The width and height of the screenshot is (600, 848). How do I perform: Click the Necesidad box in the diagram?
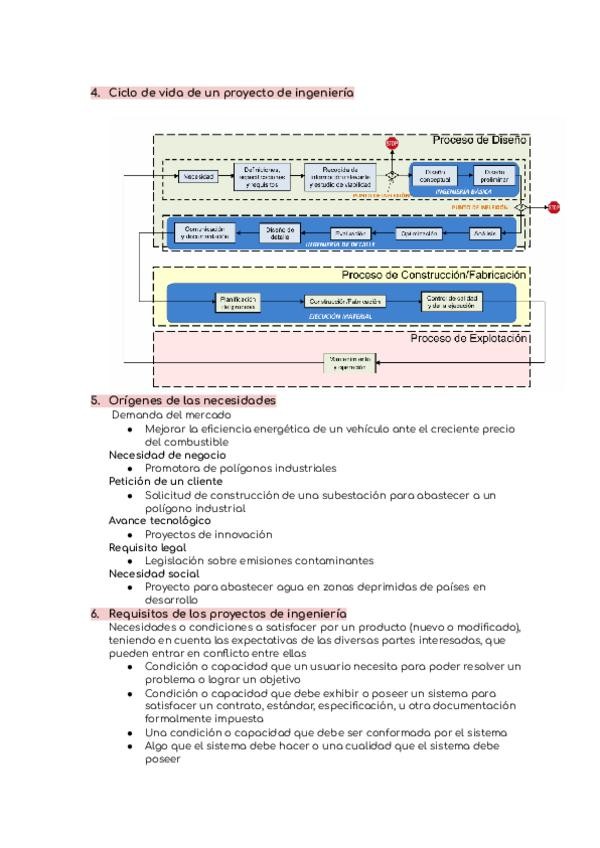[x=199, y=176]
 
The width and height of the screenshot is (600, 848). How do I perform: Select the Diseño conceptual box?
[x=435, y=176]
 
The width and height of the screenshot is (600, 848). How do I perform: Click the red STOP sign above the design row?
[x=391, y=144]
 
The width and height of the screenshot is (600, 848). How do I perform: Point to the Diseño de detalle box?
[x=279, y=232]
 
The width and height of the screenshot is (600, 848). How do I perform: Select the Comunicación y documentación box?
[x=206, y=232]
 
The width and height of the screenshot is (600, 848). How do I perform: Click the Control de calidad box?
[x=451, y=301]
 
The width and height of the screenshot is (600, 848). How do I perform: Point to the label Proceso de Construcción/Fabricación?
[x=434, y=275]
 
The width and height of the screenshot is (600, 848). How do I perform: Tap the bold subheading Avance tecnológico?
[x=160, y=520]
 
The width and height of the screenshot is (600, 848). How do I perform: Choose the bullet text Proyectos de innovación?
[x=208, y=534]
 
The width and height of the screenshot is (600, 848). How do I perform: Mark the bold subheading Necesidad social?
[x=153, y=574]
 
